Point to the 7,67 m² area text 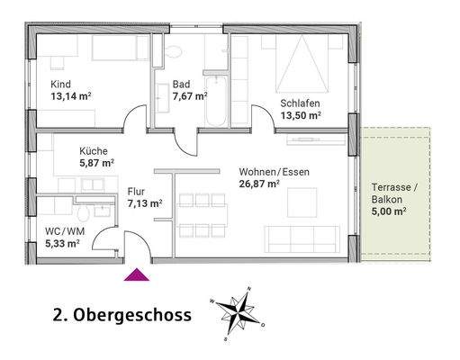(190, 95)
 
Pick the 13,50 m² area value (302, 116)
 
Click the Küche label (94, 151)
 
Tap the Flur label (137, 191)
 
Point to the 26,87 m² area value (260, 184)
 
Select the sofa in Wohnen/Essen (299, 238)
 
